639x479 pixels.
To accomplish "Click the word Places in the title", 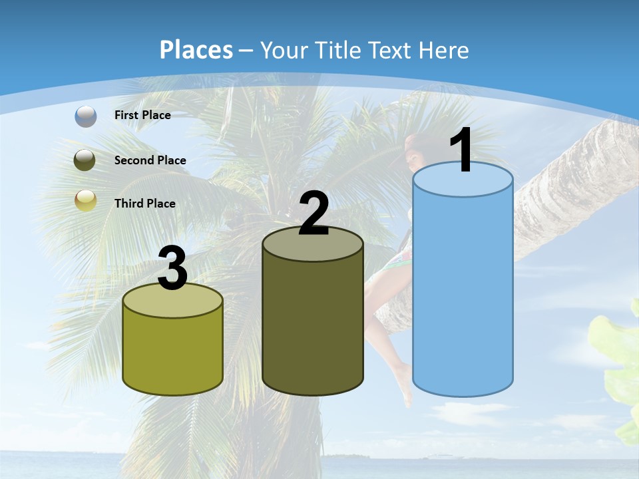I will [196, 50].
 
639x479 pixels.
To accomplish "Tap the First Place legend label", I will [142, 115].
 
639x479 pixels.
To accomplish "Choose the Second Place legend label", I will [150, 160].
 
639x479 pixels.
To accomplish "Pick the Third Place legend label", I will [144, 204].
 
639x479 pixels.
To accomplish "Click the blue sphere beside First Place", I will [86, 116].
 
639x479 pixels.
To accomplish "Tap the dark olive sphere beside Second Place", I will [85, 160].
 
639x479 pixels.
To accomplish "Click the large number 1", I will [461, 152].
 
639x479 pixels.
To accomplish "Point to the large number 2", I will [314, 214].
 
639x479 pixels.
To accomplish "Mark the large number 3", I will [172, 269].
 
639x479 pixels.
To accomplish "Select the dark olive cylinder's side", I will [313, 326].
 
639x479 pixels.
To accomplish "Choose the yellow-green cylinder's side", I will [173, 353].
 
